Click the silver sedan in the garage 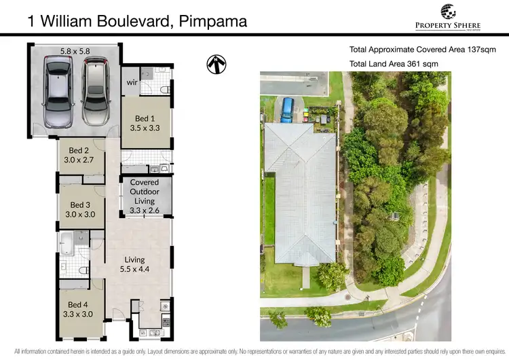[x=58, y=92]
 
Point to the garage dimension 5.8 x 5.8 [x=75, y=51]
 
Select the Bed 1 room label [x=144, y=122]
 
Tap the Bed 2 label [x=79, y=156]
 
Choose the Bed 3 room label [x=79, y=209]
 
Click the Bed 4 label [x=78, y=310]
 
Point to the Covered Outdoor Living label [x=144, y=196]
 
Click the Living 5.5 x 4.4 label [x=134, y=264]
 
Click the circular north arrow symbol [x=216, y=65]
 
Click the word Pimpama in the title [x=213, y=20]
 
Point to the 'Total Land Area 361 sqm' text [x=394, y=63]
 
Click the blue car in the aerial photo [x=288, y=109]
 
